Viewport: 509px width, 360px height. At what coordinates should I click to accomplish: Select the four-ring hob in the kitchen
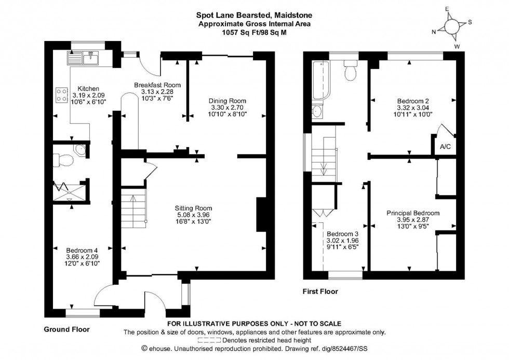pos(61,94)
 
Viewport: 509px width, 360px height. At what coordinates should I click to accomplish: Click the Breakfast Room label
pos(157,85)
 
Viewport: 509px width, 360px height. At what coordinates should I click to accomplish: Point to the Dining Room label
pos(227,101)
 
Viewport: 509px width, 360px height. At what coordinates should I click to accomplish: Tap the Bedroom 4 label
pos(82,249)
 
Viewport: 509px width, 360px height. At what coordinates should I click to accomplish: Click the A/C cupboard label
pos(445,147)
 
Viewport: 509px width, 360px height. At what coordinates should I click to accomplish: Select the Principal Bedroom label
pos(413,213)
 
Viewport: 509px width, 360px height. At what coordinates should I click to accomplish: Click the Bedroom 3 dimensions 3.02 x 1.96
pos(342,241)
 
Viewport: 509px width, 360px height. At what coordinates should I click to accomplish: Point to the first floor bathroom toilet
pos(351,72)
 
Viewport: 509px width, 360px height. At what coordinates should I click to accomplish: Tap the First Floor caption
pos(320,291)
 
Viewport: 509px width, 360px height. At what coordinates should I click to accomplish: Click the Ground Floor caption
pos(66,329)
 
